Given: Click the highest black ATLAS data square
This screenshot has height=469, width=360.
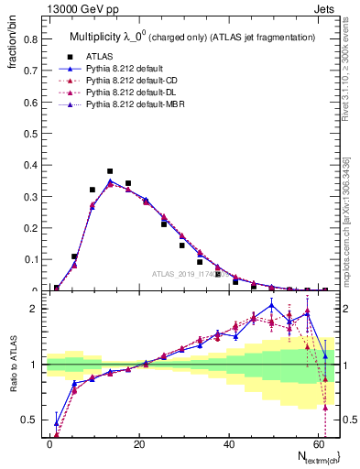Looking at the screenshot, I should point(110,171).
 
